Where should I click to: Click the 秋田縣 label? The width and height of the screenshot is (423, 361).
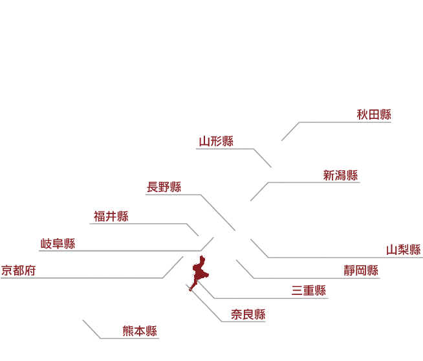(374, 115)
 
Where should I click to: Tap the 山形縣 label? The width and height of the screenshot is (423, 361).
(216, 142)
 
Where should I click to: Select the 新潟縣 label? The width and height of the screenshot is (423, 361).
(340, 175)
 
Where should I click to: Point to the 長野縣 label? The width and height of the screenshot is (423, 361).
(164, 187)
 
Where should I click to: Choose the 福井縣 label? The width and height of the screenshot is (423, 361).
(111, 216)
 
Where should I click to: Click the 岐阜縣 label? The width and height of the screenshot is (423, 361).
(58, 244)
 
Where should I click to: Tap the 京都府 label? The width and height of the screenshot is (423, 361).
(18, 270)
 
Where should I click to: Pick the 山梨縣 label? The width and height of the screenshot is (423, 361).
(404, 250)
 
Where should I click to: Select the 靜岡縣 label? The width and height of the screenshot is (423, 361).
(361, 270)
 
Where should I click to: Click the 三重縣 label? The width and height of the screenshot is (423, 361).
(309, 290)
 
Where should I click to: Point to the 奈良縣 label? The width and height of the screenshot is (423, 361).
(248, 314)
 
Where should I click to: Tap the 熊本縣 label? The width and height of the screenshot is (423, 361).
(140, 331)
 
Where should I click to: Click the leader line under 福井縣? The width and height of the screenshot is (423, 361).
(143, 224)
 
